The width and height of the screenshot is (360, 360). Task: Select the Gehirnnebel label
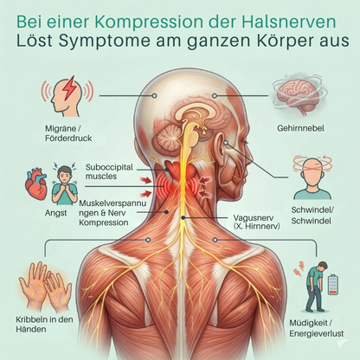(x=300, y=128)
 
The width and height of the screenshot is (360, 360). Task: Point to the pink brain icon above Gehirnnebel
(x=300, y=94)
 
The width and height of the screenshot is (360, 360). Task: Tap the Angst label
(x=56, y=213)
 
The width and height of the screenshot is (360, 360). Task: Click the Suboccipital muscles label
(x=109, y=171)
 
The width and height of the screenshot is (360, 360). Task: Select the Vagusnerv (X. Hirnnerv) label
(x=256, y=222)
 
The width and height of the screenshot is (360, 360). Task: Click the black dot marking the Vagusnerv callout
(x=183, y=218)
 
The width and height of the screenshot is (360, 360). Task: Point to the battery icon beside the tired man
(x=332, y=284)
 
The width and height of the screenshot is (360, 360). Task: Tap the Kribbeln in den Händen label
(x=44, y=325)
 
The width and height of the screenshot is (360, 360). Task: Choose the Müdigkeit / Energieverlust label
(x=317, y=328)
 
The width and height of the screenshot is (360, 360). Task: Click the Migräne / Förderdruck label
(x=68, y=133)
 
